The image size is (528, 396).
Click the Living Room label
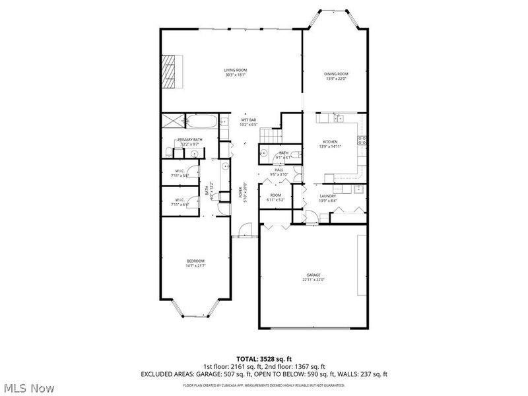coord(235,73)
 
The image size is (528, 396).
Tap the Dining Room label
coord(336,76)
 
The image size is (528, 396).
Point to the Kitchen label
coord(330,144)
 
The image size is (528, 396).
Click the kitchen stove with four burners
coord(362,139)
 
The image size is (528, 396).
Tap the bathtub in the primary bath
coord(202,121)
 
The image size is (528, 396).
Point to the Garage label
coord(313,277)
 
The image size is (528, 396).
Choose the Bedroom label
coord(195,263)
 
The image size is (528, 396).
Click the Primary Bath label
coord(189,141)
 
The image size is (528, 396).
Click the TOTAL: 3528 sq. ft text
coord(264,358)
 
